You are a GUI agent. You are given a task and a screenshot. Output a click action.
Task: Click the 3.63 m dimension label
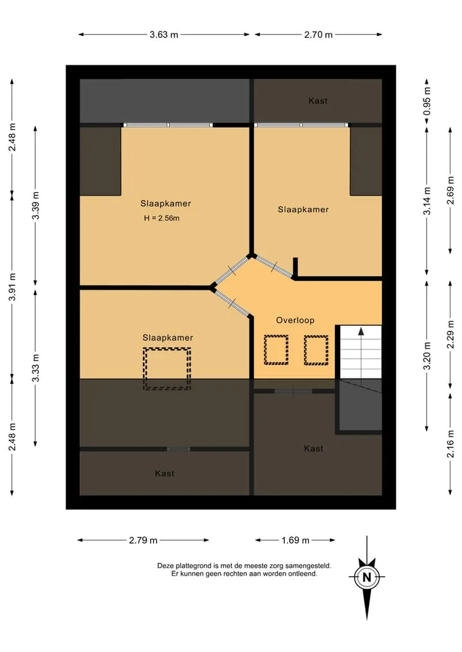(x=164, y=35)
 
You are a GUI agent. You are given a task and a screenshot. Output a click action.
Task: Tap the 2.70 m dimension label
(x=318, y=35)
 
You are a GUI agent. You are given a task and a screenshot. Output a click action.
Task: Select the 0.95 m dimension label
(x=427, y=101)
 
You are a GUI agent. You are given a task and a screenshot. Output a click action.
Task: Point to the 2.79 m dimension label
(x=143, y=540)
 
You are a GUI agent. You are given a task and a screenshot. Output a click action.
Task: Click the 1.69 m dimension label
(x=295, y=540)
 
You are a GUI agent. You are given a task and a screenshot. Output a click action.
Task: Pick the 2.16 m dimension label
(x=450, y=444)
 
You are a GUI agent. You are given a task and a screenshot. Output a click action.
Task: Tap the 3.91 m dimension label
(x=12, y=287)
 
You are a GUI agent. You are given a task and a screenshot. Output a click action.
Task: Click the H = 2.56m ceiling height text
(x=162, y=218)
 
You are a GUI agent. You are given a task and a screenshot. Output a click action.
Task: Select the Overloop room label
(x=295, y=320)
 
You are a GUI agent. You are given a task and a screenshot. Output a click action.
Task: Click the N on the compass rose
(x=366, y=577)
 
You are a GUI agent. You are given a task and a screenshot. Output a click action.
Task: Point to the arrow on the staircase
(x=361, y=356)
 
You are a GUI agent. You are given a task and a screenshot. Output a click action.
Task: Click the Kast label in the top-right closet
(x=318, y=101)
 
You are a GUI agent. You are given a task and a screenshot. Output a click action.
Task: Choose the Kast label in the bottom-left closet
(x=164, y=473)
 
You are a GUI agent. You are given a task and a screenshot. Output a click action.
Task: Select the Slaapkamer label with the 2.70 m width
(x=303, y=210)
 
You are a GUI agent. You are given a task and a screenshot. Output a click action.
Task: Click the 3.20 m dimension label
(x=427, y=356)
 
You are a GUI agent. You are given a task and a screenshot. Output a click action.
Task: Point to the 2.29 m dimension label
(x=450, y=334)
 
